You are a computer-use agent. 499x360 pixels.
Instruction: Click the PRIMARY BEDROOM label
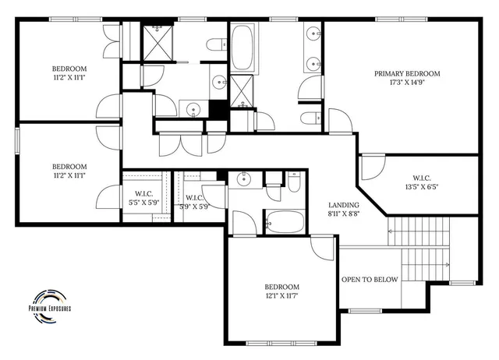[x=406, y=74]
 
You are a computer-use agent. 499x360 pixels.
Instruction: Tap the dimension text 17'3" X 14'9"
[x=406, y=84]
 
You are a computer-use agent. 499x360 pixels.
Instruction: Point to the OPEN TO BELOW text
[x=370, y=280]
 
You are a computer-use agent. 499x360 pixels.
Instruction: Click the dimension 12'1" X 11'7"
[x=281, y=297]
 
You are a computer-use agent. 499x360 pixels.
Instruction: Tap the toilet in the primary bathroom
[x=309, y=118]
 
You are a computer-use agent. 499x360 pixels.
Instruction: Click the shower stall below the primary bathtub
[x=242, y=92]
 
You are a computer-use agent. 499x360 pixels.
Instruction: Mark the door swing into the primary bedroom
[x=340, y=121]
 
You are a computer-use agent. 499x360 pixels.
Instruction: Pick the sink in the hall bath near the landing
[x=245, y=180]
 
